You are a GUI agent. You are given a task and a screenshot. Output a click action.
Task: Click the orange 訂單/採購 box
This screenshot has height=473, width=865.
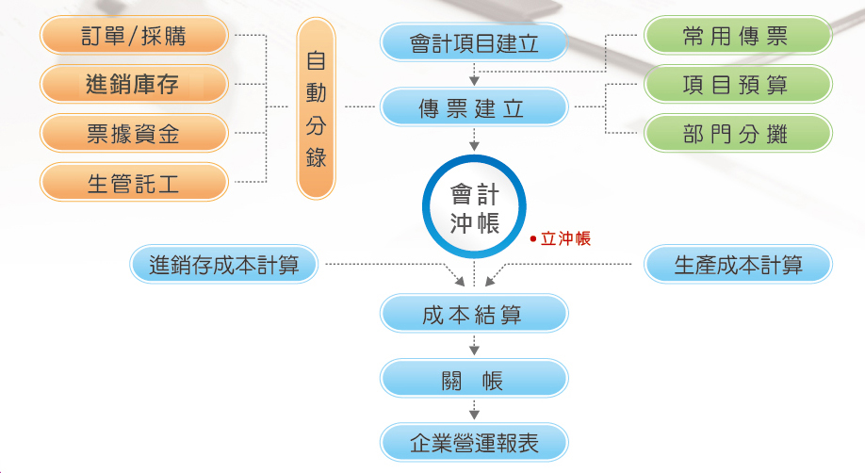coord(134,35)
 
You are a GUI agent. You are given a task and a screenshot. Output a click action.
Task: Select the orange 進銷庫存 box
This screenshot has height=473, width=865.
coord(134,84)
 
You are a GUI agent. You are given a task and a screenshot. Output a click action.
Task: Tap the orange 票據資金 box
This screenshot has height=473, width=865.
coord(134,133)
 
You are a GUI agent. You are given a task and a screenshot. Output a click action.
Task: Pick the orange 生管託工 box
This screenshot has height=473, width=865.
coord(134,182)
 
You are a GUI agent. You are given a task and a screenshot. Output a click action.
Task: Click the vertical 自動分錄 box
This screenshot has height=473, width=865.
coord(316,108)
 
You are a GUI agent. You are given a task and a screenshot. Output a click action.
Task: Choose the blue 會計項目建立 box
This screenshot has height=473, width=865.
coord(474,42)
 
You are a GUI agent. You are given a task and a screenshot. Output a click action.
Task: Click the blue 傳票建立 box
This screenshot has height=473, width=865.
coord(474,107)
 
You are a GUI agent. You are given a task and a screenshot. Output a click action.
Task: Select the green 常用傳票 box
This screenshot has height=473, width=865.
coord(738,35)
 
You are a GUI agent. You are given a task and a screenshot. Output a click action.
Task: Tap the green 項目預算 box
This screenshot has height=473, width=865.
coord(738,84)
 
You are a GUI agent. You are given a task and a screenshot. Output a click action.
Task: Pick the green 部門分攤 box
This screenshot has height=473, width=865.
coord(738,133)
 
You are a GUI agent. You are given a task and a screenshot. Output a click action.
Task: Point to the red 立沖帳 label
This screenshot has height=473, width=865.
coord(565,239)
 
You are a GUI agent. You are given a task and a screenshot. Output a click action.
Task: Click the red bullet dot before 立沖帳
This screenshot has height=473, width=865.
coord(533,239)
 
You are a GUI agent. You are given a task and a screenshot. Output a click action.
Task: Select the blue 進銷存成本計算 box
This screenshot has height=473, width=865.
coord(224,265)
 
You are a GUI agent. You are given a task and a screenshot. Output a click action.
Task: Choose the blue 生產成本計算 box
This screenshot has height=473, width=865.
coord(738,265)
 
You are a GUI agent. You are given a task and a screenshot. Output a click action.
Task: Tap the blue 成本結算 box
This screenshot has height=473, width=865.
coord(474,314)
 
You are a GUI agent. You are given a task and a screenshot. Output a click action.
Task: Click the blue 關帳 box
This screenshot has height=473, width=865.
coord(474,379)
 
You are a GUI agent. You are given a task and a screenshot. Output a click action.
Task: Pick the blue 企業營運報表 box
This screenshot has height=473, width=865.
coord(474,443)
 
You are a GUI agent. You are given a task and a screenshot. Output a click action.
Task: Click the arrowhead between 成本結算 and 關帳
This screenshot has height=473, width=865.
coord(474,351)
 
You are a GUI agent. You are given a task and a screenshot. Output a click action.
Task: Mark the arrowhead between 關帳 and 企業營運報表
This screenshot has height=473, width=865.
coord(474,415)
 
